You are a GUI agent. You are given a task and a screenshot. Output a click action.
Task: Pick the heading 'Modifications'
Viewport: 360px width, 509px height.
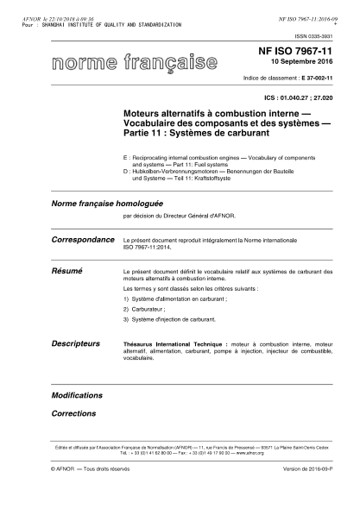(78, 395)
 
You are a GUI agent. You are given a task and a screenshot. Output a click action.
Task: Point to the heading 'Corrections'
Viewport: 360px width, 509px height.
(73, 413)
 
